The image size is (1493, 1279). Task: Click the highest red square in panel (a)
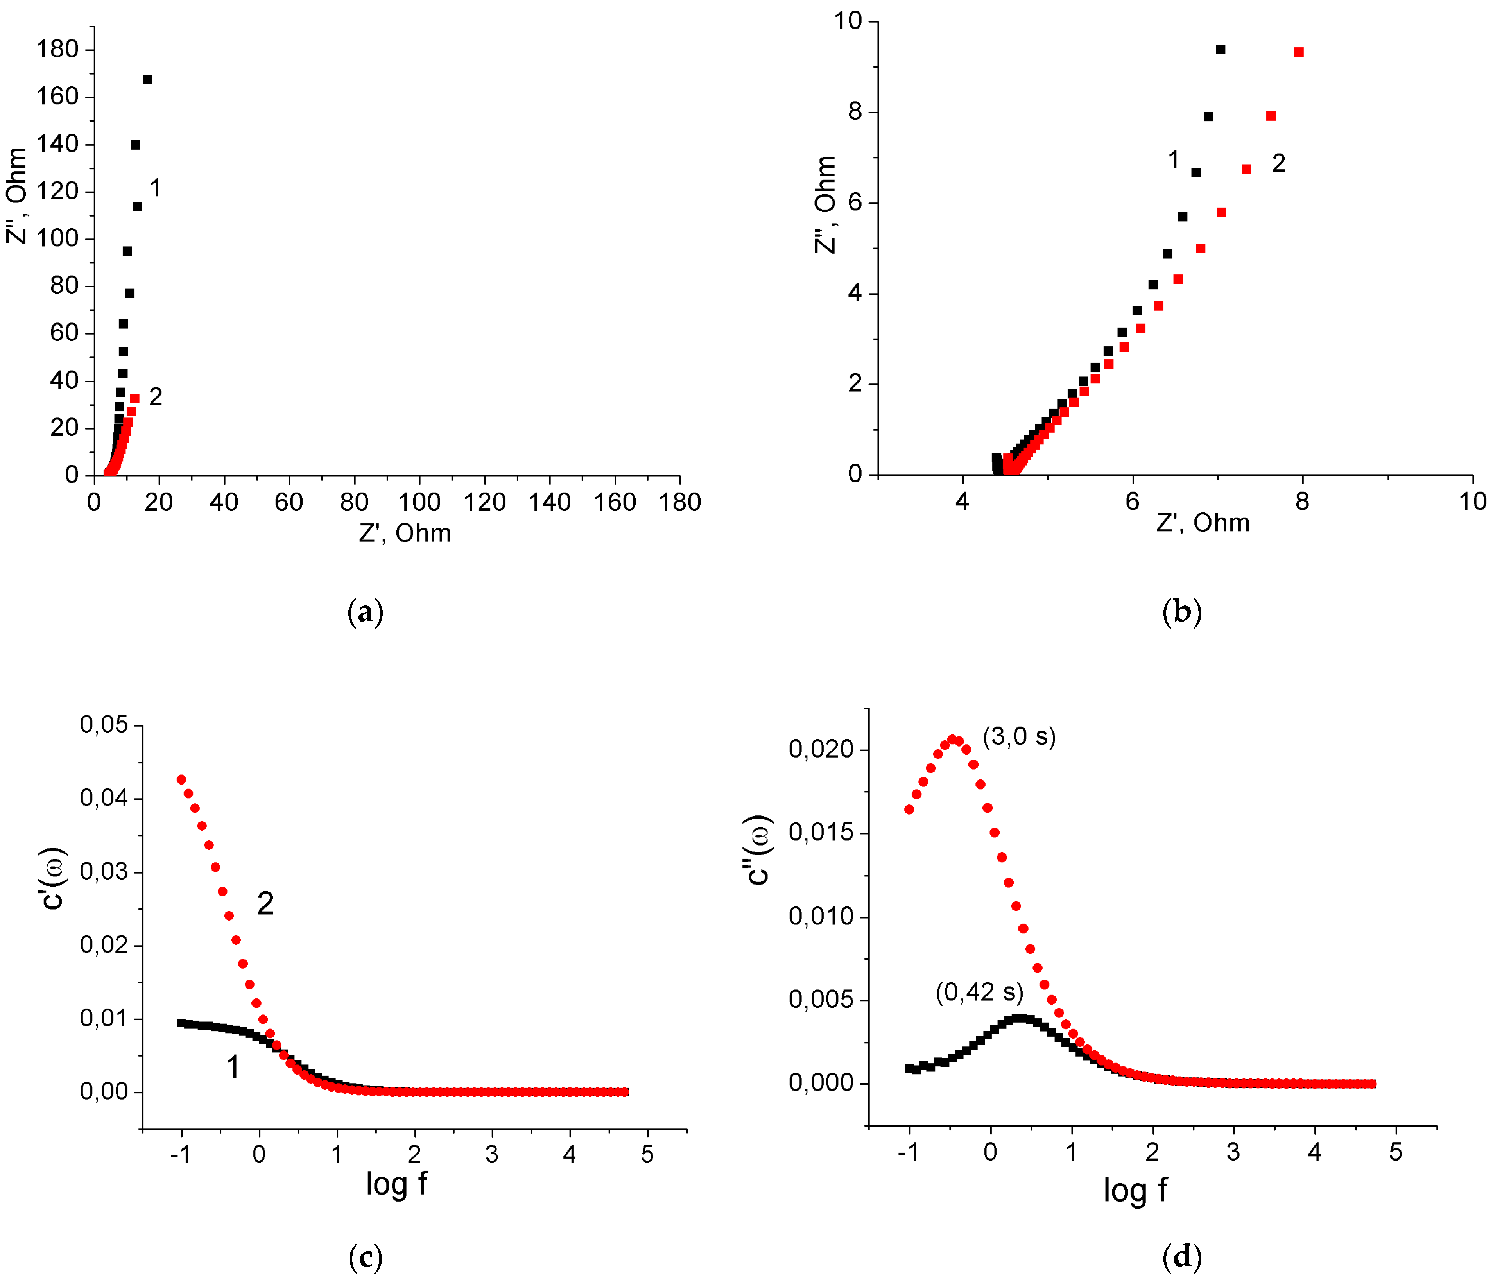(135, 398)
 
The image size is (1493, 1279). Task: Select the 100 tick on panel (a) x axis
(419, 502)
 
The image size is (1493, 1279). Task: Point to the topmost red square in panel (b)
(1298, 52)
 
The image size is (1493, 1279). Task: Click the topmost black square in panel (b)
(1220, 50)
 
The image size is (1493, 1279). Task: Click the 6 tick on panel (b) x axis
(1132, 502)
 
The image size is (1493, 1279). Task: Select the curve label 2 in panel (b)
(1278, 163)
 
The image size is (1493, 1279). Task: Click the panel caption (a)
(365, 612)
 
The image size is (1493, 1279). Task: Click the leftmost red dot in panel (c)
(181, 780)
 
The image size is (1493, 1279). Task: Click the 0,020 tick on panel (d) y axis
(821, 750)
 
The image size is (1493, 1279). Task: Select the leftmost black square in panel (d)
(909, 1068)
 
